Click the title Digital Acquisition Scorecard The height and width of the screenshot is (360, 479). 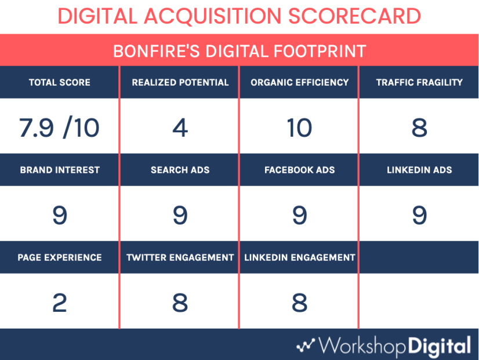[x=239, y=16]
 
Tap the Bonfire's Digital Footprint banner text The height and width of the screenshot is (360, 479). [x=239, y=51]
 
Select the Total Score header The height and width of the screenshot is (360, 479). [x=60, y=82]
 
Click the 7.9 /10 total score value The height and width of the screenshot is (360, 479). [x=59, y=128]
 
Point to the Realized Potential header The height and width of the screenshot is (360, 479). [x=180, y=82]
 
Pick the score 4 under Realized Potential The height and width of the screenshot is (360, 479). [x=180, y=128]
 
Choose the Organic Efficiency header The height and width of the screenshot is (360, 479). [x=300, y=82]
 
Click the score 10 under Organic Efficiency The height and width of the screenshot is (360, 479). [x=299, y=128]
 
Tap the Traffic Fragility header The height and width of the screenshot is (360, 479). [x=419, y=82]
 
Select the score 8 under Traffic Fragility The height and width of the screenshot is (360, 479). [x=419, y=128]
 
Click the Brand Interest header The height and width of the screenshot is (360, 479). [x=60, y=170]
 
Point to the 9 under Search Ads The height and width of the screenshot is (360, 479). [x=180, y=215]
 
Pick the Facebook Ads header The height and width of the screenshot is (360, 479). [x=300, y=170]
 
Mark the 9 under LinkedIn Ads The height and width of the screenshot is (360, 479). [x=419, y=215]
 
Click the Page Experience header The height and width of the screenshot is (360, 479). [x=60, y=257]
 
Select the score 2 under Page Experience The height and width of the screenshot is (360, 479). [x=60, y=303]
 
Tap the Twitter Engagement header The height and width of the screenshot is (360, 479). [x=180, y=257]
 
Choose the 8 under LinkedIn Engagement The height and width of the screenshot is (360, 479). [x=300, y=303]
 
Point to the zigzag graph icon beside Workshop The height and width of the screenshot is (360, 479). [x=306, y=346]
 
